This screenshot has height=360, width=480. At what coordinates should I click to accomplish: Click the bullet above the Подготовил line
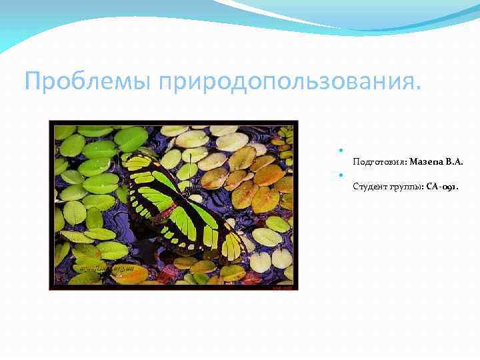click(341, 150)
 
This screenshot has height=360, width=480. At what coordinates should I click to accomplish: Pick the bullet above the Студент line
click(341, 175)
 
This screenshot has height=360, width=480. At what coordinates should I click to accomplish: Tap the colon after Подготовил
click(407, 163)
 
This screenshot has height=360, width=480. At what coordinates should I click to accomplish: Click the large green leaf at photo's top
click(130, 137)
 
